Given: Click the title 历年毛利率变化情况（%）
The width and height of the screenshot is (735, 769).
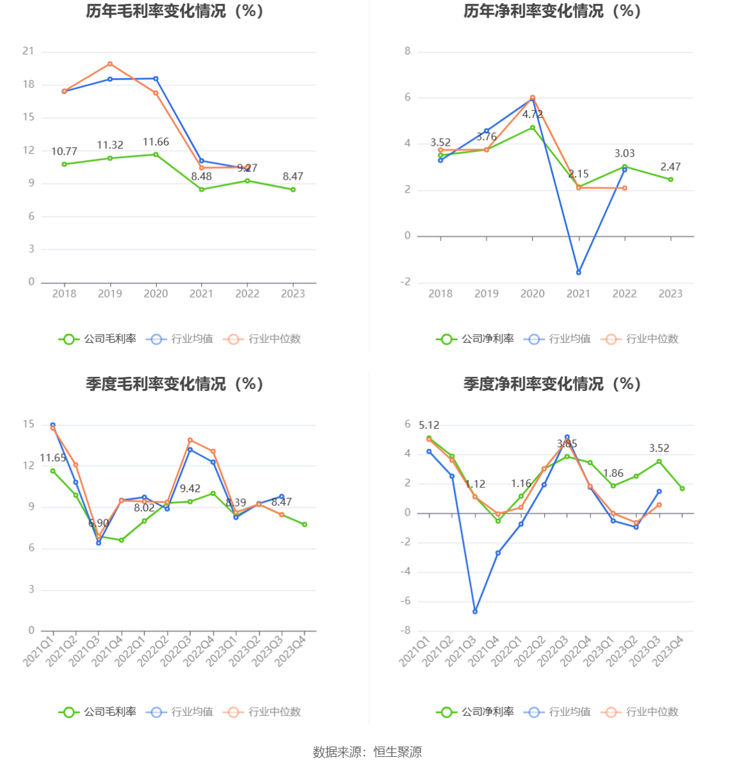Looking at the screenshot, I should pyautogui.click(x=175, y=12).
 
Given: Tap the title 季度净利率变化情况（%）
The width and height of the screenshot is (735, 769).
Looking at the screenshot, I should pyautogui.click(x=552, y=384).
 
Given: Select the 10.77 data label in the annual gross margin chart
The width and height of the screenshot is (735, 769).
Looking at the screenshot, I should pyautogui.click(x=64, y=152).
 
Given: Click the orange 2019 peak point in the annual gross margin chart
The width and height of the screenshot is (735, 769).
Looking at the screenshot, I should pyautogui.click(x=110, y=64).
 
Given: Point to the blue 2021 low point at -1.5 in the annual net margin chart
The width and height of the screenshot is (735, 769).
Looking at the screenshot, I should pyautogui.click(x=579, y=273).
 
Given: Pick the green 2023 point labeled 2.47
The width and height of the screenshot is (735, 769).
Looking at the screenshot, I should pyautogui.click(x=671, y=180).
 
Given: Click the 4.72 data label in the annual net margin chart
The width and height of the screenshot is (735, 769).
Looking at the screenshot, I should pyautogui.click(x=533, y=115).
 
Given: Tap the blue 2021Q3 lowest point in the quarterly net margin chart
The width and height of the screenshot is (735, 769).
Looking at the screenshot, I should pyautogui.click(x=475, y=612).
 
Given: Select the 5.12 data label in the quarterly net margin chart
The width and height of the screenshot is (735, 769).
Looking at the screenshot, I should pyautogui.click(x=429, y=425).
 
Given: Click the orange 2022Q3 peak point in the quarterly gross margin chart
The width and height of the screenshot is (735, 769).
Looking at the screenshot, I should pyautogui.click(x=190, y=440).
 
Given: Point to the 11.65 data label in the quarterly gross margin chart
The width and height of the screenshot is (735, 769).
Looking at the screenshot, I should pyautogui.click(x=52, y=458).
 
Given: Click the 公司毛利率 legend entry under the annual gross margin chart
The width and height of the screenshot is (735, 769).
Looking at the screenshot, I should pyautogui.click(x=98, y=339).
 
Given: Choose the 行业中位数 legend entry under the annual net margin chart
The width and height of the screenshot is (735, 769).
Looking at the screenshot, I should pyautogui.click(x=640, y=339).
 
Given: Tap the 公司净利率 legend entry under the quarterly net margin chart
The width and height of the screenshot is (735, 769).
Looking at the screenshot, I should pyautogui.click(x=476, y=712).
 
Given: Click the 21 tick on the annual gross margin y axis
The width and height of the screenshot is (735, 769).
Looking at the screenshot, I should pyautogui.click(x=28, y=51).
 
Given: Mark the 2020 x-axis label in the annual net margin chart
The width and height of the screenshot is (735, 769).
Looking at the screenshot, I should pyautogui.click(x=533, y=294).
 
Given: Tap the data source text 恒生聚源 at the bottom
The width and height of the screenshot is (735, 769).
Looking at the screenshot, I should pyautogui.click(x=398, y=752).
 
